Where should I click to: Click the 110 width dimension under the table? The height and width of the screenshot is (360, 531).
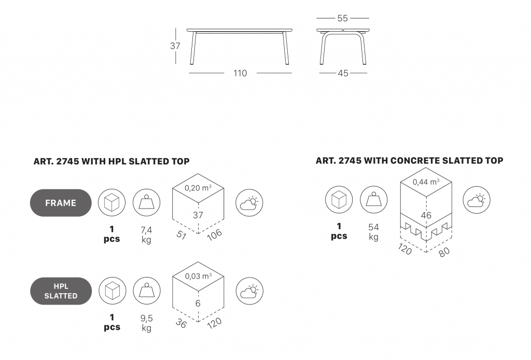tap(240, 73)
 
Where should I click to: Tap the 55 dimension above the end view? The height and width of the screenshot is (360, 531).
tap(343, 18)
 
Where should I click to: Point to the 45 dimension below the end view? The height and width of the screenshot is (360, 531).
tap(343, 73)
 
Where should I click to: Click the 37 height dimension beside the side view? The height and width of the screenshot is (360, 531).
tap(175, 46)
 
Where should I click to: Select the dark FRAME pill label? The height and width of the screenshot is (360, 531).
tap(61, 203)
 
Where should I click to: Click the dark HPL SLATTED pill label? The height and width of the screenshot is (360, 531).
tap(61, 291)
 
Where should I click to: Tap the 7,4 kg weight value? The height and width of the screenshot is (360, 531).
tap(146, 235)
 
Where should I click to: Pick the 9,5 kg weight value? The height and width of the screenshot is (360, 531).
tap(147, 323)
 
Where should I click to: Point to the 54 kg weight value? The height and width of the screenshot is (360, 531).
tap(373, 232)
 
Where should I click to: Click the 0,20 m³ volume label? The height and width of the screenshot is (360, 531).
tap(198, 188)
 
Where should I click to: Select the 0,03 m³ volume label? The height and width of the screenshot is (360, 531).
tap(198, 276)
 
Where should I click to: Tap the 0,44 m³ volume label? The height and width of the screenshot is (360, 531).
tap(426, 182)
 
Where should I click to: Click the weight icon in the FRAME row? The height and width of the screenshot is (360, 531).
tap(146, 203)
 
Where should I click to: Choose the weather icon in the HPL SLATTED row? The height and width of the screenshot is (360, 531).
tap(249, 291)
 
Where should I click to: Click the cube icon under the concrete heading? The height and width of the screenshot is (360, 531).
tap(339, 200)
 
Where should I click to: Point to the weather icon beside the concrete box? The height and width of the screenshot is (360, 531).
tap(477, 200)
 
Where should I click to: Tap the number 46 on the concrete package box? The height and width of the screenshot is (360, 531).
tap(426, 215)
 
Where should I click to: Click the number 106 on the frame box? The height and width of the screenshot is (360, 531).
tap(214, 234)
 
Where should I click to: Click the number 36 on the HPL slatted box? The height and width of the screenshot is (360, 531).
tap(181, 323)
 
